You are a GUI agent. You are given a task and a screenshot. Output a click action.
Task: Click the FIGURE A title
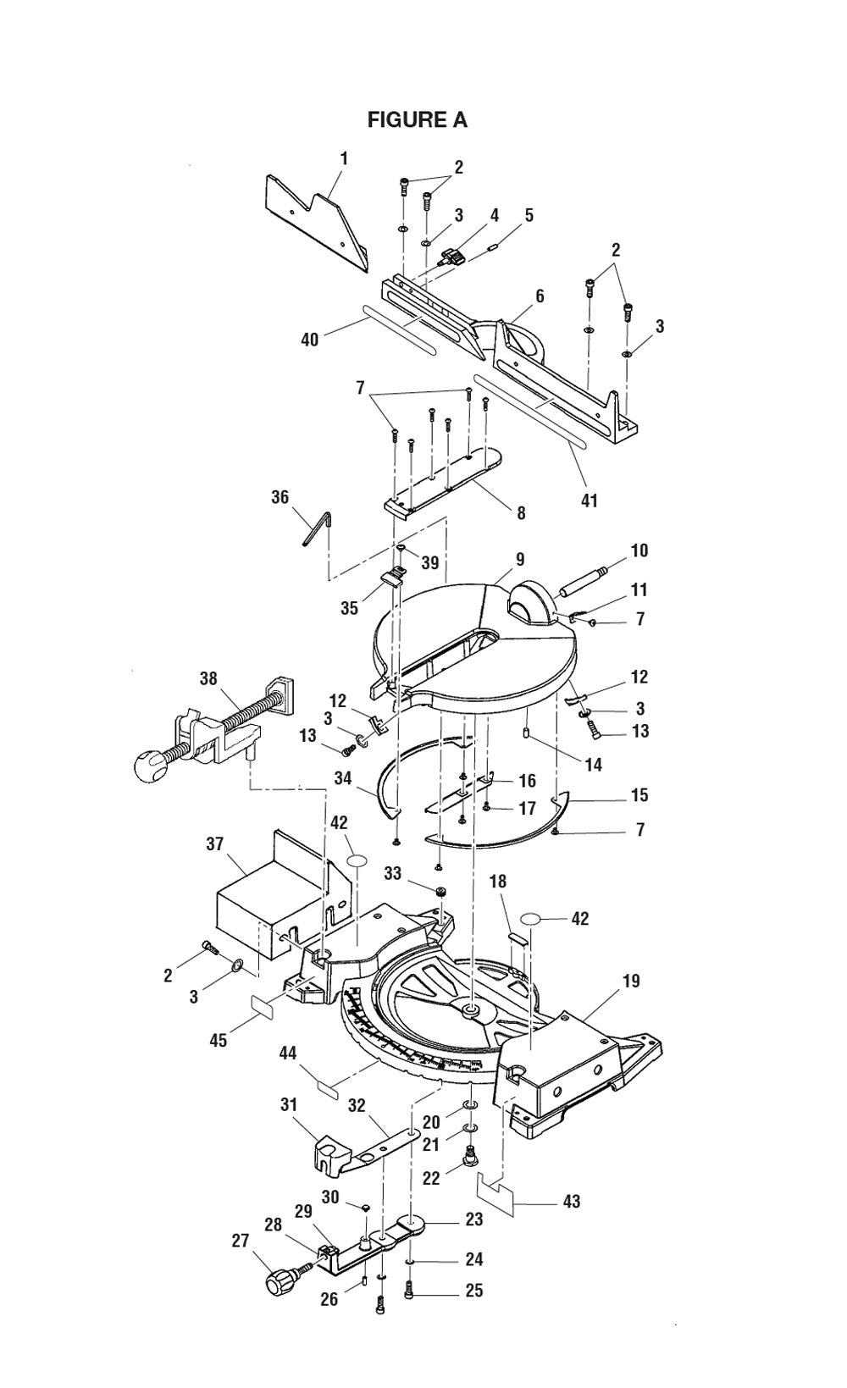pyautogui.click(x=417, y=120)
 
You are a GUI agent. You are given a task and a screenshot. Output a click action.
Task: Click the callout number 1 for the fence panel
pyautogui.click(x=344, y=158)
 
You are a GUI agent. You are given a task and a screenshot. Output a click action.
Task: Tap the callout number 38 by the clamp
pyautogui.click(x=208, y=654)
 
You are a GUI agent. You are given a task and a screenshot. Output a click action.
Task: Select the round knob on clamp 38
pyautogui.click(x=152, y=768)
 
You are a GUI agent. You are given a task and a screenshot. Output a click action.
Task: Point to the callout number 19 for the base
pyautogui.click(x=631, y=982)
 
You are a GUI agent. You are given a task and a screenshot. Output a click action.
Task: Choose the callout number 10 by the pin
pyautogui.click(x=639, y=550)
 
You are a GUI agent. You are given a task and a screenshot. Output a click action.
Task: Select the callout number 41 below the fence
pyautogui.click(x=589, y=500)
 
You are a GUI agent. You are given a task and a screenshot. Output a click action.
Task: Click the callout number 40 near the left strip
pyautogui.click(x=310, y=340)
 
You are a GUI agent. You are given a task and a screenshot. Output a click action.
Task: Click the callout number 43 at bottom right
pyautogui.click(x=572, y=1201)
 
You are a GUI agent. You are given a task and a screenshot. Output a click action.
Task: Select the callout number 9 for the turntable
pyautogui.click(x=520, y=559)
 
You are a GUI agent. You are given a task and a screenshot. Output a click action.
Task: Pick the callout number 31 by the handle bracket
pyautogui.click(x=290, y=1104)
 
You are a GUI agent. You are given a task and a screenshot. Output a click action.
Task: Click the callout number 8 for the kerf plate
pyautogui.click(x=521, y=512)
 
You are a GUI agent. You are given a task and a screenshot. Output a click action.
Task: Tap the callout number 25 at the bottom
pyautogui.click(x=474, y=1290)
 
